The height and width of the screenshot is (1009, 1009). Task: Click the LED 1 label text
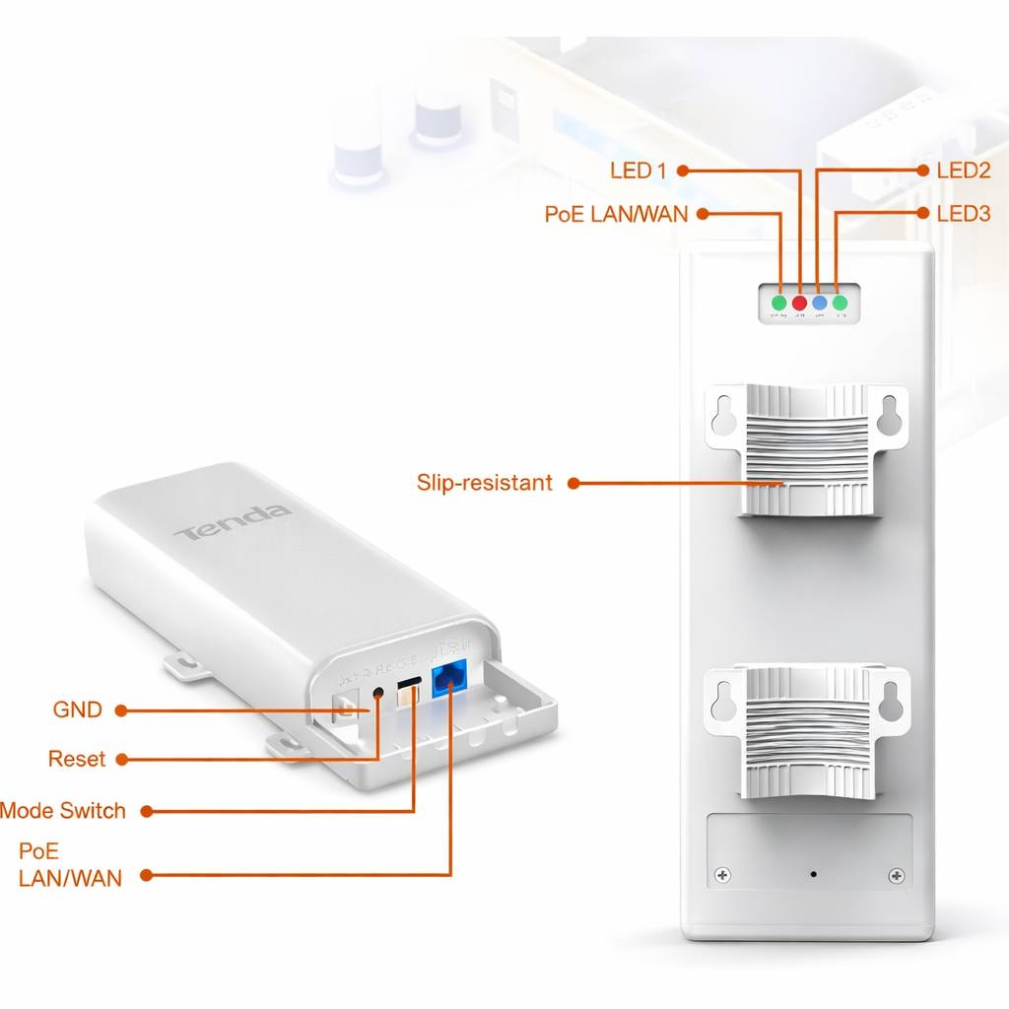point(638,170)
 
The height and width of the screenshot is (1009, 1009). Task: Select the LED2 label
point(963,170)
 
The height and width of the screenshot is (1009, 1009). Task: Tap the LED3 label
point(963,213)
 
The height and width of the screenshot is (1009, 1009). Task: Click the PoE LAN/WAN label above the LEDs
point(616,214)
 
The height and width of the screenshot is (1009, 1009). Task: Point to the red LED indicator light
point(799,303)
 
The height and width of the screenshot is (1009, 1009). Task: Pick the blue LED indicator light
point(820,303)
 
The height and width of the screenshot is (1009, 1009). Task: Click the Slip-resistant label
point(484,483)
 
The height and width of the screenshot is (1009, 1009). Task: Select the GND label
point(77,709)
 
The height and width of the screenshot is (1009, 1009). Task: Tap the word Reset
point(76,760)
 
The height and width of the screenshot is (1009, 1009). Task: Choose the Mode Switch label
point(63,811)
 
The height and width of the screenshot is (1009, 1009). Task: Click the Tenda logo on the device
point(233,522)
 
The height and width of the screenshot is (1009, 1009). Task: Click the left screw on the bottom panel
point(722,875)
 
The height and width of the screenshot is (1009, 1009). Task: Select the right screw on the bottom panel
point(896,875)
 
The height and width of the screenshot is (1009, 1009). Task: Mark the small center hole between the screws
point(813,874)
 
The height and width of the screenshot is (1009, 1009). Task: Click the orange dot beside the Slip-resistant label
point(572,484)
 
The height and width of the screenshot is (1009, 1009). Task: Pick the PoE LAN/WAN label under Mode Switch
point(70,864)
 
